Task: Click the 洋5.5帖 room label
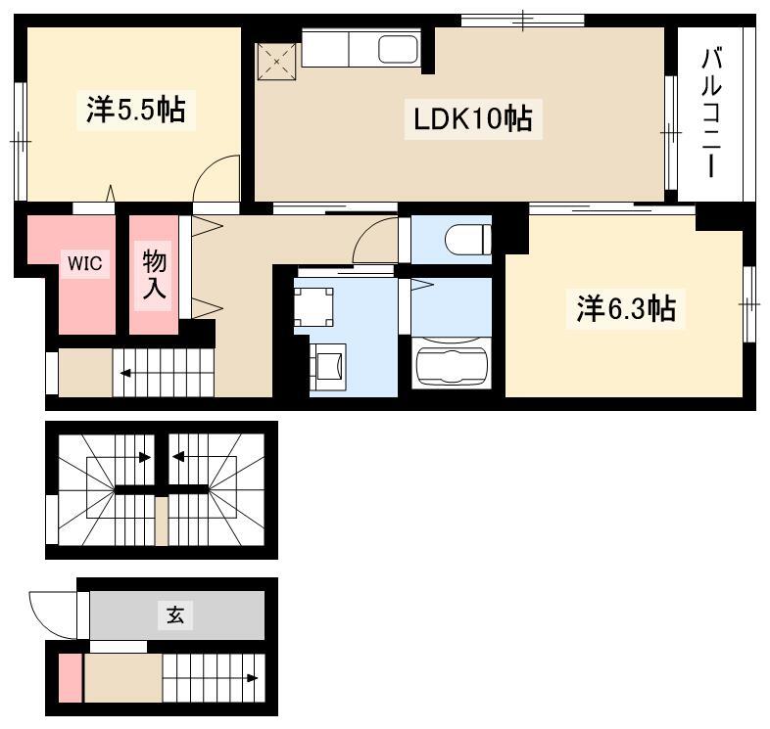[136, 110]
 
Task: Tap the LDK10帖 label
[473, 119]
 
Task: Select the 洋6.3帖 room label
[626, 308]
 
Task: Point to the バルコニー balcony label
[711, 113]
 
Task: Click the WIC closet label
[85, 263]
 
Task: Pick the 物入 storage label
[154, 275]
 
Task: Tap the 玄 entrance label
[175, 615]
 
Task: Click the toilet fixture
[467, 240]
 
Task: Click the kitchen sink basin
[398, 50]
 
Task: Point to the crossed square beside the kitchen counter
[277, 62]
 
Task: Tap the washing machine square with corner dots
[313, 307]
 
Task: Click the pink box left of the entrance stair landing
[71, 678]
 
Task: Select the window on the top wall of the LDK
[522, 21]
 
